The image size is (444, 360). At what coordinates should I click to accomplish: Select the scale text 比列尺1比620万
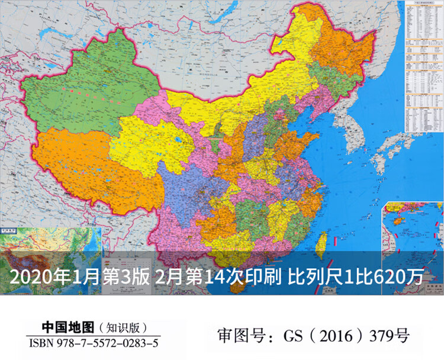355,276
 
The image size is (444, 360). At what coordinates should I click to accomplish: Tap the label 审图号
236,336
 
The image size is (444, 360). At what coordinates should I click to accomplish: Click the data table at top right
424,65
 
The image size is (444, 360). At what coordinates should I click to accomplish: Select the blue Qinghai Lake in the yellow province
177,141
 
